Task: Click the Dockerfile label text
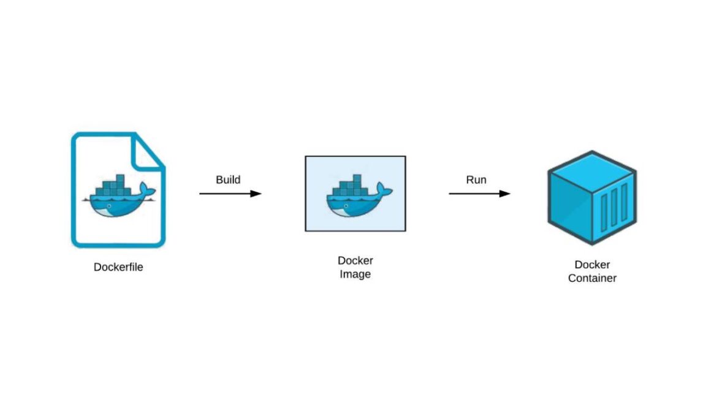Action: tap(118, 267)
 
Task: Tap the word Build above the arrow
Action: tap(228, 180)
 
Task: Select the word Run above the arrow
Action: tap(476, 180)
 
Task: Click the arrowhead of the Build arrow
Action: tap(256, 194)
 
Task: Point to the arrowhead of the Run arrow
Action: tap(505, 194)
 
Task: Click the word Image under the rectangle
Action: tap(355, 274)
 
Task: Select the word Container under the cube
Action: tap(592, 278)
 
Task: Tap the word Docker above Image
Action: tap(355, 260)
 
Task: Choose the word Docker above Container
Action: tap(592, 265)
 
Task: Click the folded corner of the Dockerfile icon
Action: tap(145, 153)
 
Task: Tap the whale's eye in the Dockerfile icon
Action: tap(109, 206)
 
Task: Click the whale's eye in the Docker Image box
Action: tap(346, 206)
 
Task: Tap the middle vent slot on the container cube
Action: tap(614, 208)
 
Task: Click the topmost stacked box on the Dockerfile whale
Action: tap(120, 178)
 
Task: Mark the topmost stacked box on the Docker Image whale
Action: tap(357, 178)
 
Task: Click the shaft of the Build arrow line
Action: tap(225, 194)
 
